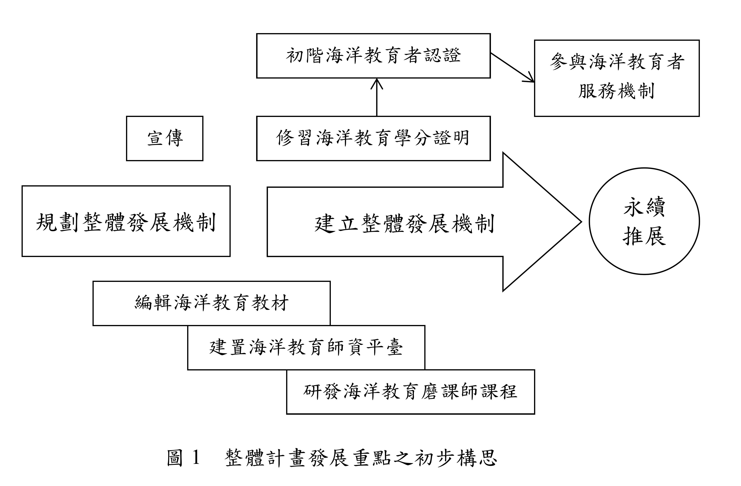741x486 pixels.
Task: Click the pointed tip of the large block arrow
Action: [x=581, y=222]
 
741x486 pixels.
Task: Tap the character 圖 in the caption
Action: [x=174, y=457]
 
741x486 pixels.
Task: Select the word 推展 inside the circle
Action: [x=644, y=236]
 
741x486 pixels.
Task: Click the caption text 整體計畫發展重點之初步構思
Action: [x=361, y=458]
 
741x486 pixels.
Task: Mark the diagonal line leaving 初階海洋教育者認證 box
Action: [x=512, y=68]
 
